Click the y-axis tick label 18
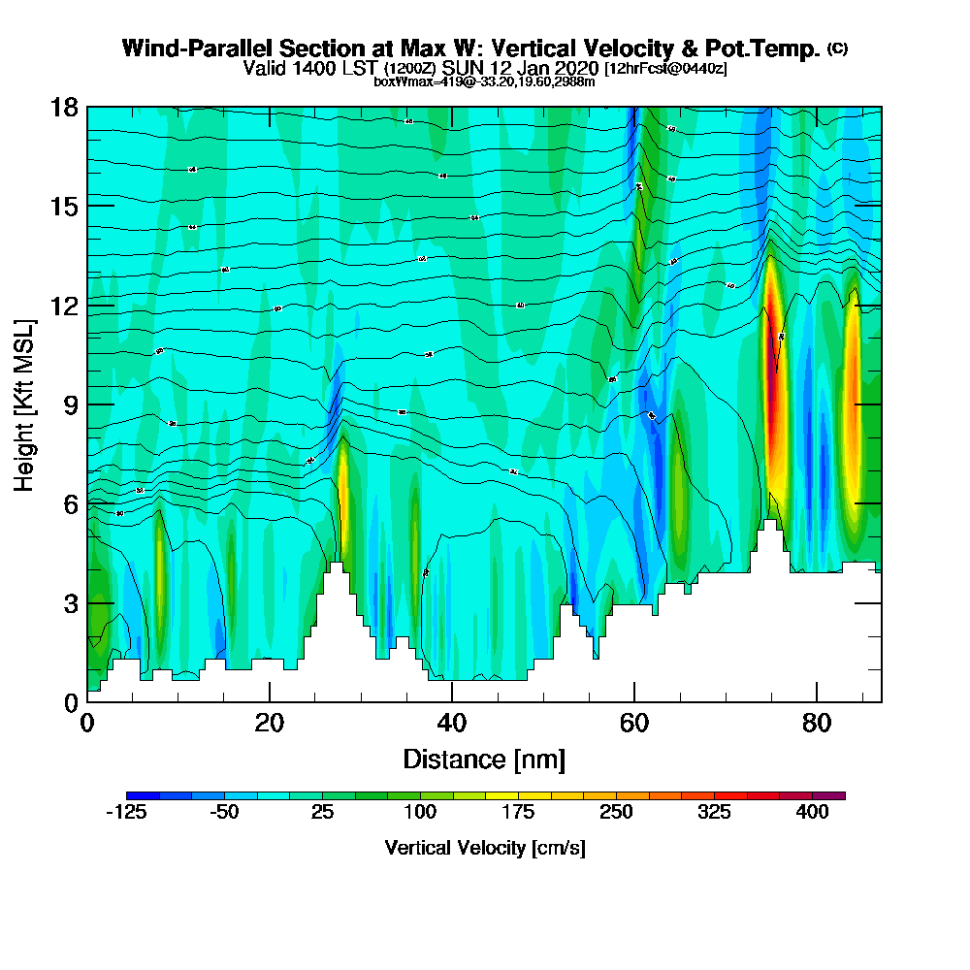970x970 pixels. pos(63,107)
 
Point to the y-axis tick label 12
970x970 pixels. pos(63,306)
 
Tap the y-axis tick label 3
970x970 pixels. pos(70,603)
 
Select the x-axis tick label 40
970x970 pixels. pos(452,724)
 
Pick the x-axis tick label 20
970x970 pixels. pos(270,724)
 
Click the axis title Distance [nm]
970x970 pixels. pos(484,759)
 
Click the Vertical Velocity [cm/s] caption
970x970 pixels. pos(485,848)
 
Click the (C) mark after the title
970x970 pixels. pos(837,48)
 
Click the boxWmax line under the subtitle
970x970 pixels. pos(484,81)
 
